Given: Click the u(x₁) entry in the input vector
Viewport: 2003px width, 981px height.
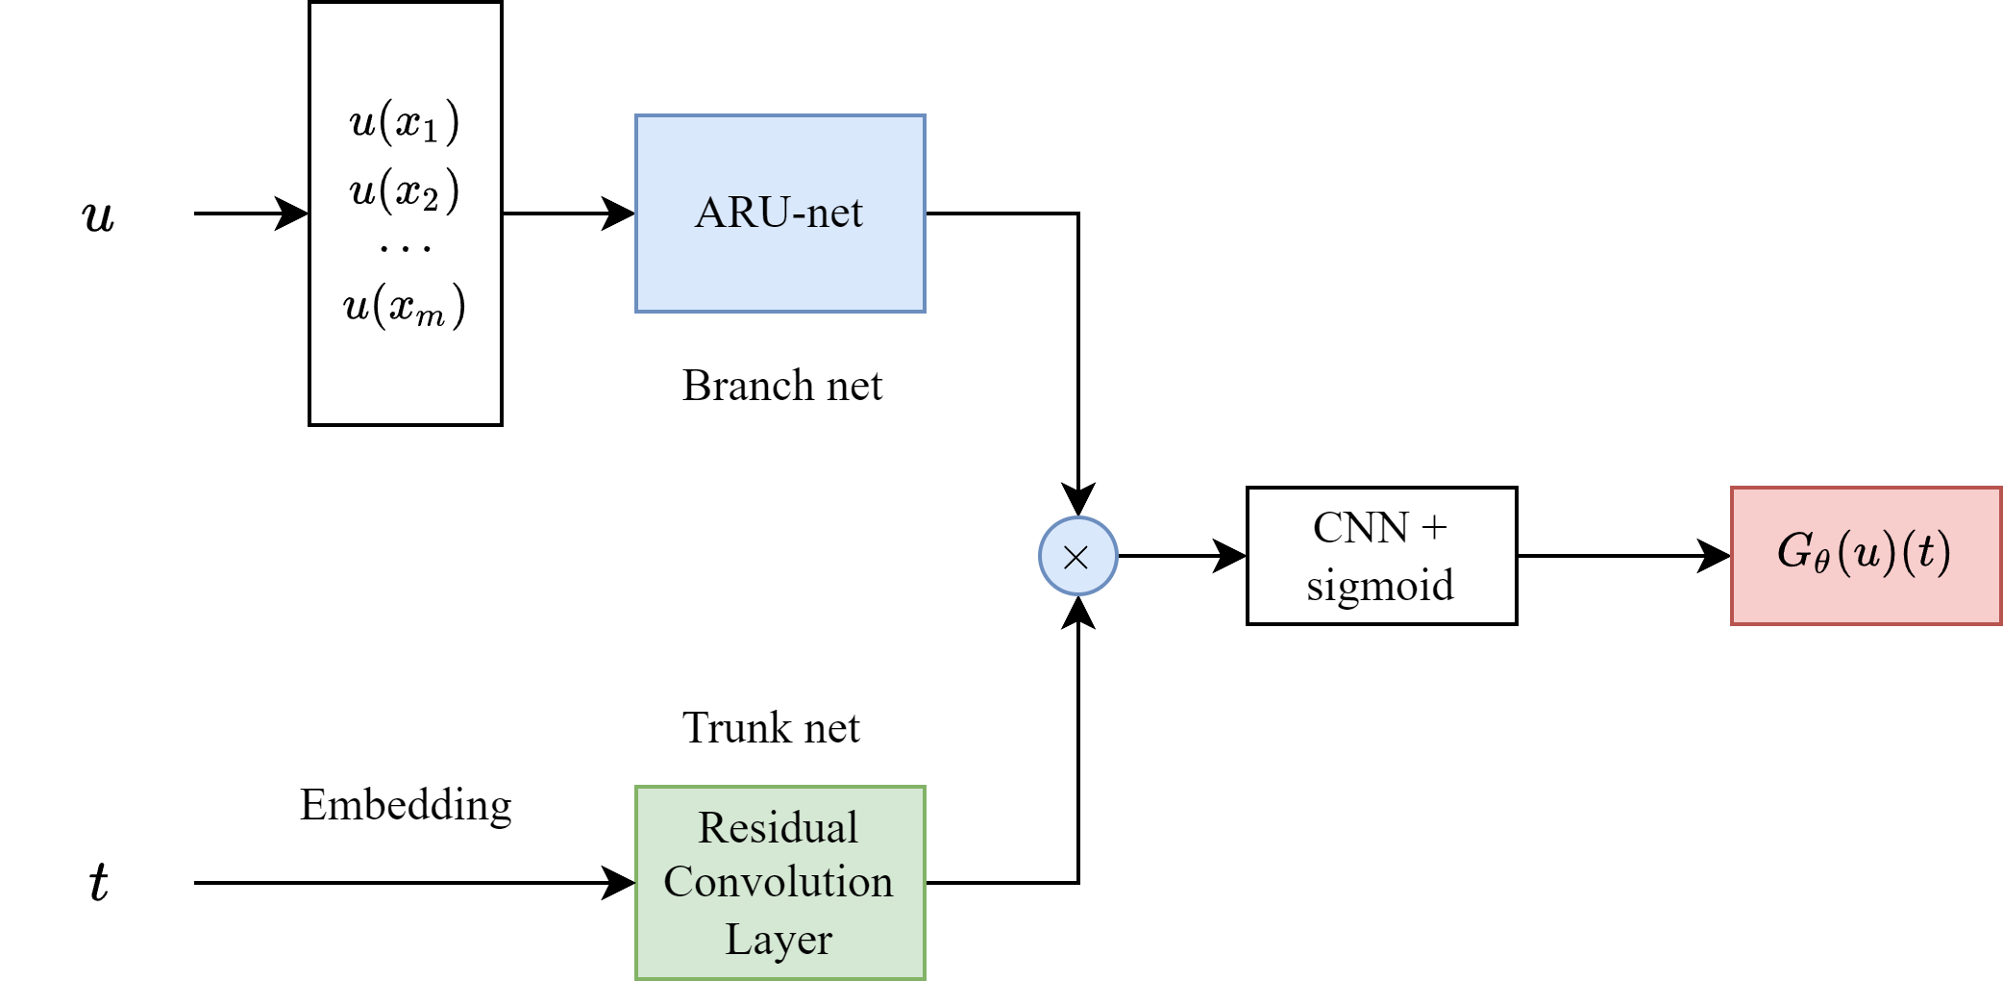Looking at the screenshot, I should pos(405,122).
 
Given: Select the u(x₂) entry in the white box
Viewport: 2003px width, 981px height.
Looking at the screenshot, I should pos(405,190).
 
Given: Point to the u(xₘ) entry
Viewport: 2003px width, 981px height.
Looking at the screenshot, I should pos(405,306).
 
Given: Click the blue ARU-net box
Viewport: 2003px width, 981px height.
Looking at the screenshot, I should pos(779,214).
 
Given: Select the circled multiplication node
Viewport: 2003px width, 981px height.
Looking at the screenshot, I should pos(1077,556).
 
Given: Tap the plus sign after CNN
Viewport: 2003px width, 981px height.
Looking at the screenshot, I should pos(1433,528).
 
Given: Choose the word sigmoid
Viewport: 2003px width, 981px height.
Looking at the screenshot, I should pos(1380,585).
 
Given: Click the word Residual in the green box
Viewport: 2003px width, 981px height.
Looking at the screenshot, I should pos(779,828).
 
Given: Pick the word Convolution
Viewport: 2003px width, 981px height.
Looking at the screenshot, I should pos(779,882).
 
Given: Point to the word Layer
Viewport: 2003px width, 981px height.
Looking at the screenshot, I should pos(779,939).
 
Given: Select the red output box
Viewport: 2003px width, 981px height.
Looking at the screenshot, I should pos(1866,556).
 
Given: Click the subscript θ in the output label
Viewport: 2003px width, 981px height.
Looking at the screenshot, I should pos(1821,561).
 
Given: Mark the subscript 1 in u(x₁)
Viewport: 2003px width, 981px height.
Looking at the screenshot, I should pos(430,132).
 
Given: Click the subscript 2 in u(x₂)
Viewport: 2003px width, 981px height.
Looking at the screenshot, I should pos(430,200).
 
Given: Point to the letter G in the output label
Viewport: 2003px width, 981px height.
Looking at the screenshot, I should pos(1794,551).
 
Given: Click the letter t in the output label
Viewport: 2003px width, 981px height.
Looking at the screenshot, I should pos(1925,552).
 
